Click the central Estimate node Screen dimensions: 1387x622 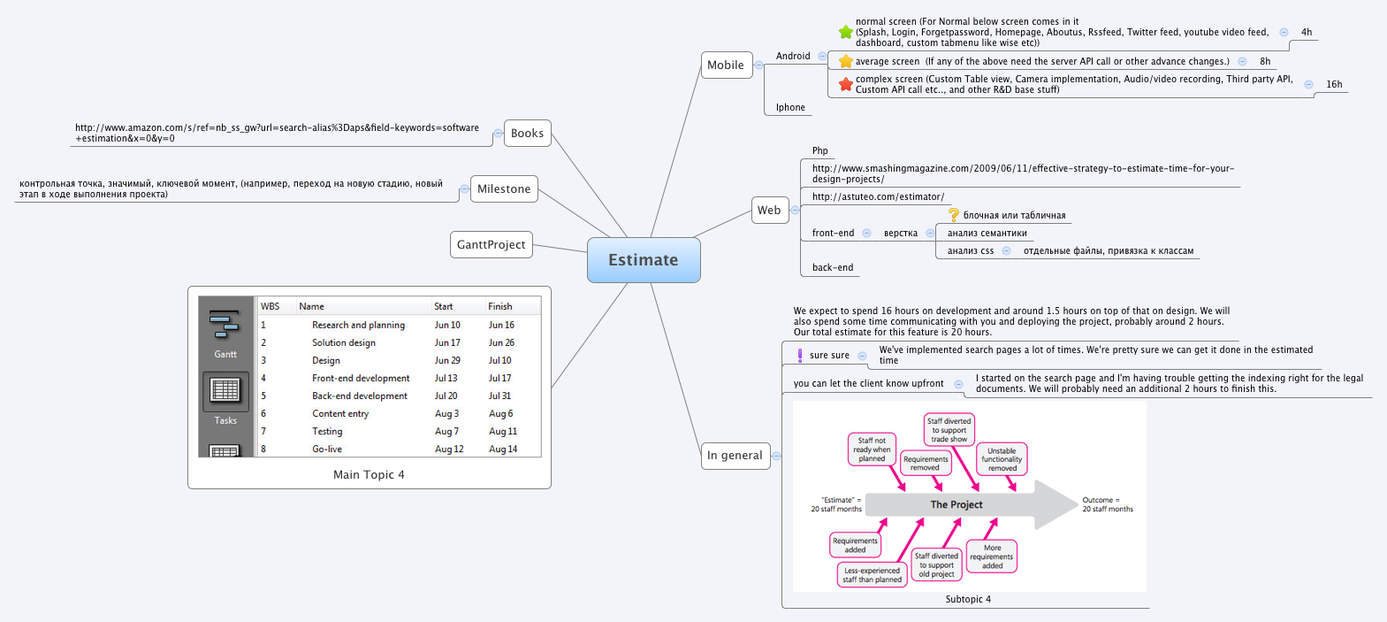click(x=644, y=260)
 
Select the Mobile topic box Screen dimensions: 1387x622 click(x=727, y=65)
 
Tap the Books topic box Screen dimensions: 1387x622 click(x=527, y=134)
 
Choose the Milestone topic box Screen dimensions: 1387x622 click(x=503, y=189)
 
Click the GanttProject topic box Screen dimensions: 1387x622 click(x=491, y=245)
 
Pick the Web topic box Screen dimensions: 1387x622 click(x=770, y=210)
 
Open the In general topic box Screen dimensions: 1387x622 click(x=735, y=456)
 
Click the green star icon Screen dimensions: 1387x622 click(x=845, y=32)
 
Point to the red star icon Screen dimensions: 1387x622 click(x=845, y=84)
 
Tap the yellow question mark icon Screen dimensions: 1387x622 click(x=954, y=215)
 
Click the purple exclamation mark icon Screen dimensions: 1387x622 click(x=799, y=355)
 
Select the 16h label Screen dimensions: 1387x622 click(x=1334, y=84)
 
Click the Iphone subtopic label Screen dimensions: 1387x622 click(x=790, y=107)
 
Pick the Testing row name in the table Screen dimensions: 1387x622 click(x=327, y=431)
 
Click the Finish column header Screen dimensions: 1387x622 click(x=499, y=306)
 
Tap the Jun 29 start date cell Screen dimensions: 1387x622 click(x=447, y=361)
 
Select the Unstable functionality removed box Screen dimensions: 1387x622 click(x=1002, y=459)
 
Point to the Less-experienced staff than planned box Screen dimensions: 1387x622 click(x=872, y=575)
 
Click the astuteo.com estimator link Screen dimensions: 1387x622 click(x=878, y=197)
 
